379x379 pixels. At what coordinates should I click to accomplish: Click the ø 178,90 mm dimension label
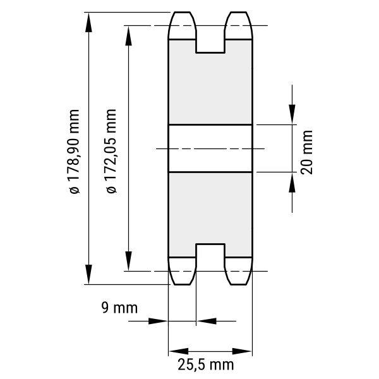(x=74, y=152)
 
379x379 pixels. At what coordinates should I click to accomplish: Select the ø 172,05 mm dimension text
(x=111, y=151)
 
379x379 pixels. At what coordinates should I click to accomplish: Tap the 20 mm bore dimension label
(x=307, y=152)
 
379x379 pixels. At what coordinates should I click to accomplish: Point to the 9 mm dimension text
(x=119, y=308)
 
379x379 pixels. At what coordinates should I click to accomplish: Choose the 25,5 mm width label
(x=206, y=364)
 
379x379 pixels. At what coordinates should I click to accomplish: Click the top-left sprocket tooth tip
(x=183, y=12)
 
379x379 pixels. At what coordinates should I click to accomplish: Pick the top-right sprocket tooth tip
(x=239, y=12)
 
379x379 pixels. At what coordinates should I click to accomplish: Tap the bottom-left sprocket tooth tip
(x=183, y=284)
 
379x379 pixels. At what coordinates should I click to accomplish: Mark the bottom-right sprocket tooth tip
(x=239, y=284)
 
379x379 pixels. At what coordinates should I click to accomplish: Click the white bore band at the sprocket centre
(x=210, y=148)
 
